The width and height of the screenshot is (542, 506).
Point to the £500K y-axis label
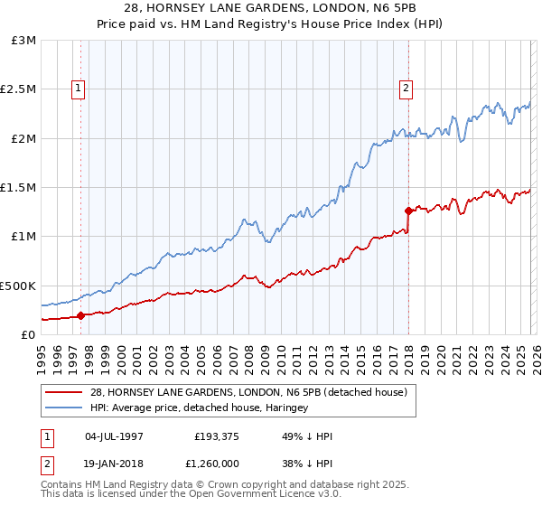tap(18, 286)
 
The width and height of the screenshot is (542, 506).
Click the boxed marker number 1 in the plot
tap(79, 89)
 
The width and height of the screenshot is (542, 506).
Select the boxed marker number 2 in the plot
tap(406, 89)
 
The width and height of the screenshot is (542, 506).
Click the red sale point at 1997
tap(80, 315)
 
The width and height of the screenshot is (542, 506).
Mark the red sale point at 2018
tap(408, 211)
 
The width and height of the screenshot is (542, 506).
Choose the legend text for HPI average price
tap(199, 408)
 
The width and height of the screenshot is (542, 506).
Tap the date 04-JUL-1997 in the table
tap(114, 436)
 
